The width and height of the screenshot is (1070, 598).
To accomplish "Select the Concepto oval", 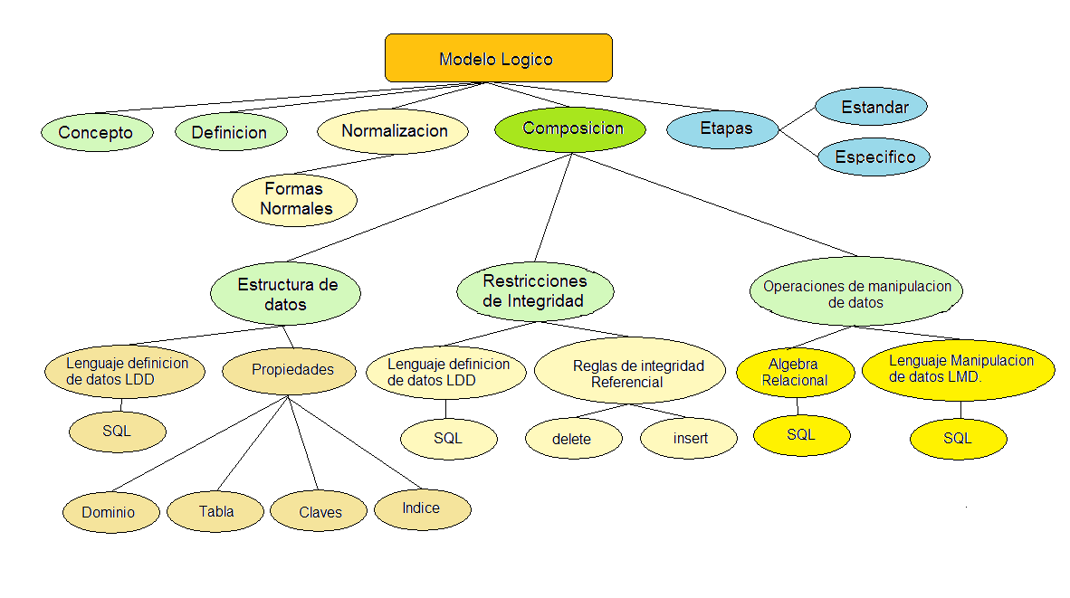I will (x=97, y=132).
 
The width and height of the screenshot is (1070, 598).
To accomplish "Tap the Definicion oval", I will (x=231, y=132).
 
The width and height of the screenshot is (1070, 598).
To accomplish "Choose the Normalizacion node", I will (x=393, y=131).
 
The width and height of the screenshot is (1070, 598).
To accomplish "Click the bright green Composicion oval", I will (x=570, y=128).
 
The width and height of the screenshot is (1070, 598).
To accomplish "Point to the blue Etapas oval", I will (x=723, y=128).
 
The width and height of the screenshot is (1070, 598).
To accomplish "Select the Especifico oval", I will (x=874, y=157).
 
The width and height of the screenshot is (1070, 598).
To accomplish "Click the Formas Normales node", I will (x=295, y=199).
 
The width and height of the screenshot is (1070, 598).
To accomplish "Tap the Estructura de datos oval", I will (x=286, y=294).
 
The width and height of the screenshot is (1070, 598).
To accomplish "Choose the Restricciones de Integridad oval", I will (x=535, y=290).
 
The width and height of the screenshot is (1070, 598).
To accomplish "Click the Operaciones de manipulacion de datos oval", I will (x=855, y=293).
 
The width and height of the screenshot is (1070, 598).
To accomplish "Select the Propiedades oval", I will (x=290, y=369).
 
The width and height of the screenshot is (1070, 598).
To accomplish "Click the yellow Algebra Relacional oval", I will (x=795, y=372).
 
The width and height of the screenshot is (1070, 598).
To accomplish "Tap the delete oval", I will (x=573, y=439).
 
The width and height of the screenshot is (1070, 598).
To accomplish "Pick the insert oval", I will (x=689, y=439).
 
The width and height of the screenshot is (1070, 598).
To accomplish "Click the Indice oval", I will (x=423, y=508).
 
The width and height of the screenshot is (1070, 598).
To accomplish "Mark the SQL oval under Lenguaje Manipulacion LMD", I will (x=958, y=439).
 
